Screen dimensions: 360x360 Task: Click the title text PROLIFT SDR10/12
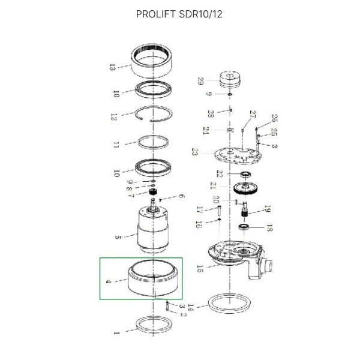tap(179, 14)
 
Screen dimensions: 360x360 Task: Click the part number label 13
tap(112, 67)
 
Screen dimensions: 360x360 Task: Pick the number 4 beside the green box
tap(109, 281)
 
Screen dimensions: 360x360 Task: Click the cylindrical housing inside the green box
tap(154, 280)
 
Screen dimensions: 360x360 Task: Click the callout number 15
tap(200, 268)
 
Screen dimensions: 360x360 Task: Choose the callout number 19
tap(268, 209)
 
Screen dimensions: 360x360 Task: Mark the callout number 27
tap(253, 115)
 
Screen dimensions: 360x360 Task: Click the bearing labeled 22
tap(245, 174)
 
